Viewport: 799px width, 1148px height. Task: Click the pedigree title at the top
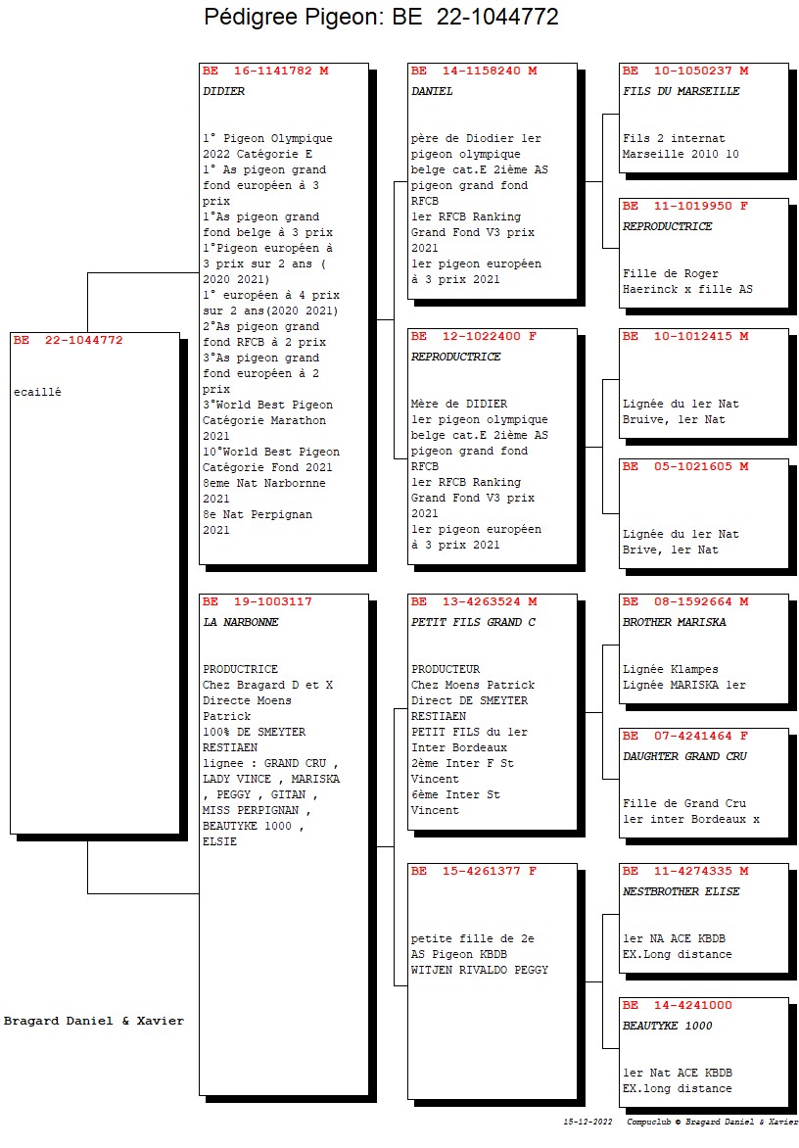(381, 16)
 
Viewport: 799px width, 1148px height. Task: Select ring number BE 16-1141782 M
(265, 72)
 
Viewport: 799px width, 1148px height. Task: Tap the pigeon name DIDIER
(224, 91)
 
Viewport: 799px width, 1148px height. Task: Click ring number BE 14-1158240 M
(474, 72)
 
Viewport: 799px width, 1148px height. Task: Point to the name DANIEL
(432, 91)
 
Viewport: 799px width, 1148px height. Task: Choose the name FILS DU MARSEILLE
(681, 91)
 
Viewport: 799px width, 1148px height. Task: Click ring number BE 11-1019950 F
(684, 207)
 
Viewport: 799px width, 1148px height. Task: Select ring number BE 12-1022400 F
(474, 337)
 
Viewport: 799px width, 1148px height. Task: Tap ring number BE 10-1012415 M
(684, 337)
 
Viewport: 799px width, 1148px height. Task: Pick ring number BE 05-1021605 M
(684, 466)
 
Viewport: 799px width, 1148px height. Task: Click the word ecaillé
(37, 392)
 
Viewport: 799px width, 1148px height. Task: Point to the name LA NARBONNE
(241, 622)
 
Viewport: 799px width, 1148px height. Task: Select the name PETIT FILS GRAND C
(473, 622)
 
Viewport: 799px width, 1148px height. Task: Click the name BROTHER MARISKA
(675, 622)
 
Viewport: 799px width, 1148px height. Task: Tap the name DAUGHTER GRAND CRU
(684, 756)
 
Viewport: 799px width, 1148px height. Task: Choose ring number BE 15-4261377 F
(474, 871)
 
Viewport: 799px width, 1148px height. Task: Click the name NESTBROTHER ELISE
(681, 891)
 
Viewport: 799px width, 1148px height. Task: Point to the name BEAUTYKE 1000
(667, 1026)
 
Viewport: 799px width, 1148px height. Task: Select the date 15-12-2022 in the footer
(587, 1122)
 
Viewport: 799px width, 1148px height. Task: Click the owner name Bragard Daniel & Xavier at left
(94, 1021)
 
